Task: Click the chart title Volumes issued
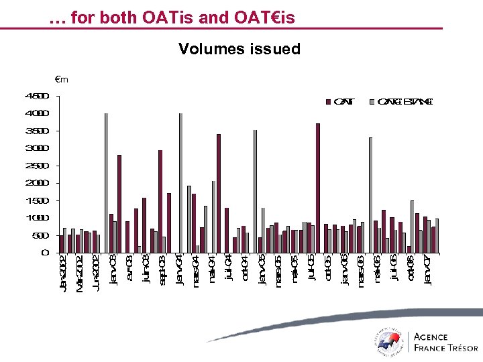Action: click(x=239, y=49)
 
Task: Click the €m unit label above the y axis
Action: click(x=62, y=80)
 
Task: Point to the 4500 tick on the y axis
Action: click(x=38, y=96)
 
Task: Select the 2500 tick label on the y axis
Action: click(x=38, y=166)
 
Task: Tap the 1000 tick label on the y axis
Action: click(x=38, y=218)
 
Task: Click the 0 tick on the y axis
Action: click(x=45, y=253)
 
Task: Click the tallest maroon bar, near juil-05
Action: click(x=318, y=188)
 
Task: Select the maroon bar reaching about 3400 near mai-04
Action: click(x=219, y=194)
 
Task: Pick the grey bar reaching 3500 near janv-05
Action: click(x=255, y=192)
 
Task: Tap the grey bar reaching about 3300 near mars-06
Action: click(x=370, y=195)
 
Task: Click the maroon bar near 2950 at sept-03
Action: click(x=160, y=201)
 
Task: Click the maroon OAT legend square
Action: click(x=328, y=102)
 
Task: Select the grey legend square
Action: click(x=374, y=102)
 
